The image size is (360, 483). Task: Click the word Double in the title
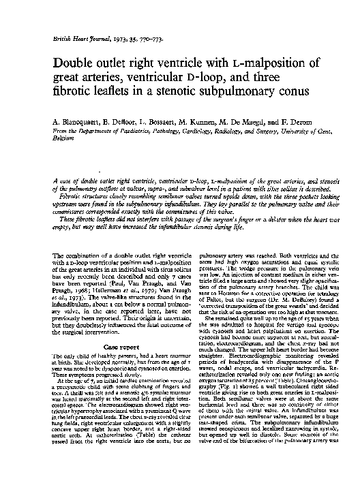tap(78, 63)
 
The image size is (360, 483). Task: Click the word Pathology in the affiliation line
tap(155, 128)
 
